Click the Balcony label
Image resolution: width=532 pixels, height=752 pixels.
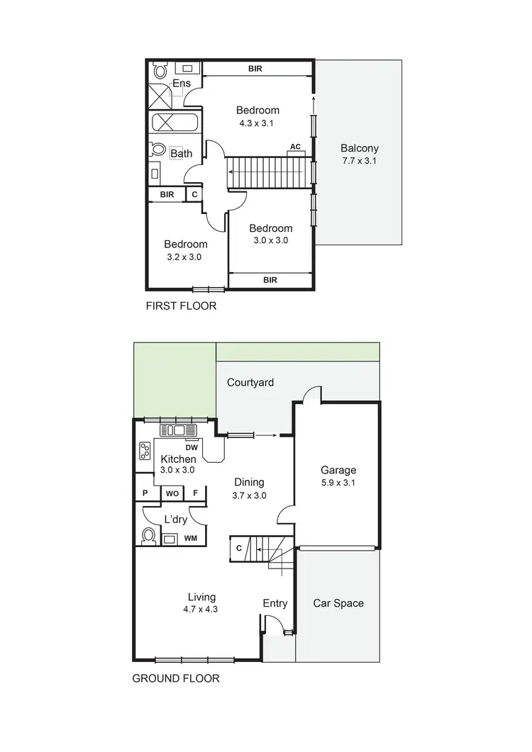pyautogui.click(x=359, y=149)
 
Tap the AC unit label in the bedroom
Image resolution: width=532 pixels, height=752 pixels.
pyautogui.click(x=295, y=147)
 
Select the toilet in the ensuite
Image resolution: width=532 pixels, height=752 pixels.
pyautogui.click(x=160, y=72)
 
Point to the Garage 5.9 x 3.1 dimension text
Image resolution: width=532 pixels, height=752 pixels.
pyautogui.click(x=338, y=484)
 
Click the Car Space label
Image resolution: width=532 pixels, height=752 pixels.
pyautogui.click(x=338, y=603)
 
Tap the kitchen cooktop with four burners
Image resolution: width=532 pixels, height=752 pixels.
pyautogui.click(x=145, y=451)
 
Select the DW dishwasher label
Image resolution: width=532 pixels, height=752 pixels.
pyautogui.click(x=191, y=447)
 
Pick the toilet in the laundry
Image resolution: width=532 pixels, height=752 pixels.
pyautogui.click(x=150, y=537)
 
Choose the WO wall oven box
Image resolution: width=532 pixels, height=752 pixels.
pyautogui.click(x=172, y=493)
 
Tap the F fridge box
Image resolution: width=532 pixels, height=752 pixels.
pyautogui.click(x=195, y=493)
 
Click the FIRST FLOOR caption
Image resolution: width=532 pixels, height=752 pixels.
pyautogui.click(x=181, y=307)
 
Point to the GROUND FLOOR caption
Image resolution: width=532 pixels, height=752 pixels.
pyautogui.click(x=176, y=678)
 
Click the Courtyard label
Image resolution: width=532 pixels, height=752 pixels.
pyautogui.click(x=250, y=383)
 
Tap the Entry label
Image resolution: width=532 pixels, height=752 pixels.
pyautogui.click(x=275, y=603)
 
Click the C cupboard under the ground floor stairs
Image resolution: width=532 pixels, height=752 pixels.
pyautogui.click(x=239, y=547)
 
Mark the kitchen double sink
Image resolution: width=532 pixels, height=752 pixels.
pyautogui.click(x=174, y=430)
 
